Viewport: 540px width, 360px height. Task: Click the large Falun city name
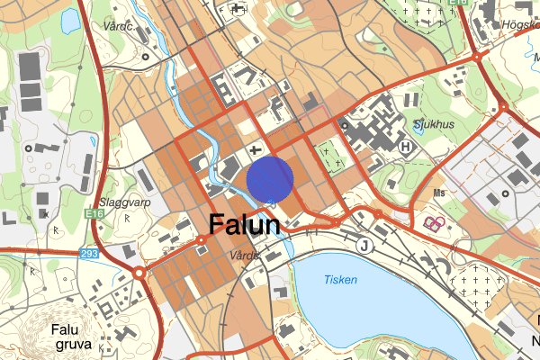coord(244,225)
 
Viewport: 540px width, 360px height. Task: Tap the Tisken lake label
coord(340,279)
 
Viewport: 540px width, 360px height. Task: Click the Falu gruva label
coord(65,335)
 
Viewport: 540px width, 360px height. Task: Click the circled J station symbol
coord(364,244)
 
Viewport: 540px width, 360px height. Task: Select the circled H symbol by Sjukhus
coord(406,146)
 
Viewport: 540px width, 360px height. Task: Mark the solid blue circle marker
coord(270,178)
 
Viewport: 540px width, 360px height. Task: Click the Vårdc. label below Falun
coord(244,256)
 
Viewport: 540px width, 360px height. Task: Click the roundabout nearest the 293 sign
coord(140,272)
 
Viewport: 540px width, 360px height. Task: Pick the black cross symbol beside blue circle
coord(256,149)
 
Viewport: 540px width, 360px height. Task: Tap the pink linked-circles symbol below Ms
coord(434,221)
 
